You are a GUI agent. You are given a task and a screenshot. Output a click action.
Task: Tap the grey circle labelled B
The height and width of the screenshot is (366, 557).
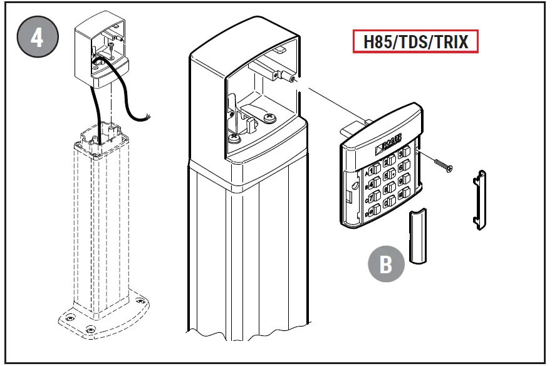click(386, 264)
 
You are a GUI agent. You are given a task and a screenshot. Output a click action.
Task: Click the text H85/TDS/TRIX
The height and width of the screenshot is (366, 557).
click(415, 42)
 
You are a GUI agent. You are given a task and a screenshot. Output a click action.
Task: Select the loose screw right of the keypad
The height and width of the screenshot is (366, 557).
click(442, 164)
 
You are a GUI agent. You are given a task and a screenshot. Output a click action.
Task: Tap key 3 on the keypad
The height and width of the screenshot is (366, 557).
click(402, 153)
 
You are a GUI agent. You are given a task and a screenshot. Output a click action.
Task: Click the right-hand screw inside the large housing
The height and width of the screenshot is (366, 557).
click(271, 117)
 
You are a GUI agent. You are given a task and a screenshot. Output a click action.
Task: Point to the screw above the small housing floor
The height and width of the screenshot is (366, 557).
click(110, 46)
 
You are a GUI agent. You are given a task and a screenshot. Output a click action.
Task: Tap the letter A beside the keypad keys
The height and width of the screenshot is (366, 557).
click(366, 173)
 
